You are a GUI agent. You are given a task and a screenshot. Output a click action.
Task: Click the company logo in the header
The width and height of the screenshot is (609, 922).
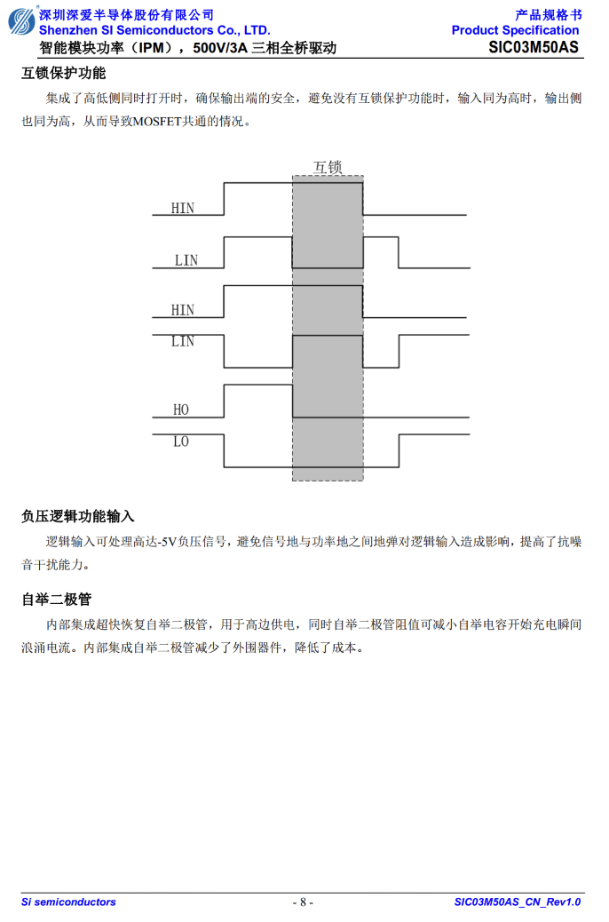point(21,21)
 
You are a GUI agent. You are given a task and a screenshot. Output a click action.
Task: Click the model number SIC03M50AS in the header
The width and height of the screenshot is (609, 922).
point(534,48)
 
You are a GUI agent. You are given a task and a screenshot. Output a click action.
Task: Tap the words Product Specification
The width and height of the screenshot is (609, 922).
point(515,30)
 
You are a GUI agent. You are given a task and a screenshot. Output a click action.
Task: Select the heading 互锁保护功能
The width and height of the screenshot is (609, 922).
point(64,73)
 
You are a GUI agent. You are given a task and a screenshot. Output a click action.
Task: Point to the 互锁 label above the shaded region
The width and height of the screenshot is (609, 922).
point(328,167)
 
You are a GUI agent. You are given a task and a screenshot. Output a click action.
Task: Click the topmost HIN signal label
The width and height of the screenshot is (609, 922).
point(182,208)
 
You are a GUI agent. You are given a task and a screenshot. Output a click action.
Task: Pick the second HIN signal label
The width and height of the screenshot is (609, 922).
point(182,310)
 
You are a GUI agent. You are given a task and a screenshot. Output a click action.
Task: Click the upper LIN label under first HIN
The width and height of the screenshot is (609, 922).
point(186,260)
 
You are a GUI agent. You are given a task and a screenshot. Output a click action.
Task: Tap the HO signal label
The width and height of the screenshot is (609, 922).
point(180,409)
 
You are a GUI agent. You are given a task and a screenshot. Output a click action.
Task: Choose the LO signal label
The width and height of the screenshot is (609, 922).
point(180,441)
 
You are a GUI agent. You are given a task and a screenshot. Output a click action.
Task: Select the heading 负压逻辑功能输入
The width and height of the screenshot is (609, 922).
point(78,516)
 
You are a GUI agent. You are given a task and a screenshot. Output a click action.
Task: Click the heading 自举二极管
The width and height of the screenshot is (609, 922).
point(57,600)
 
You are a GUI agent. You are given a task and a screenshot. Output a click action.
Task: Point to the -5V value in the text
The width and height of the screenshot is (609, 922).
point(169,542)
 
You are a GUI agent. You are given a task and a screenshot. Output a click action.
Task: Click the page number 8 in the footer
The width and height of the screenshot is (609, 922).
point(303,902)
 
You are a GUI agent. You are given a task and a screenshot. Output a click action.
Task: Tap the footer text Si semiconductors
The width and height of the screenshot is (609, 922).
point(68,902)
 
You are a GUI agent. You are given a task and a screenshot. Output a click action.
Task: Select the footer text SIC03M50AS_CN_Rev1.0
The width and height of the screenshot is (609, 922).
point(518,902)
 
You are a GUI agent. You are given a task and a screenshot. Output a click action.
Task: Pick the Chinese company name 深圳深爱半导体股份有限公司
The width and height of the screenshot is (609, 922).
point(126,15)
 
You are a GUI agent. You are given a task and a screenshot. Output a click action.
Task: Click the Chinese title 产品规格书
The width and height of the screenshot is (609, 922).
point(548,15)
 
